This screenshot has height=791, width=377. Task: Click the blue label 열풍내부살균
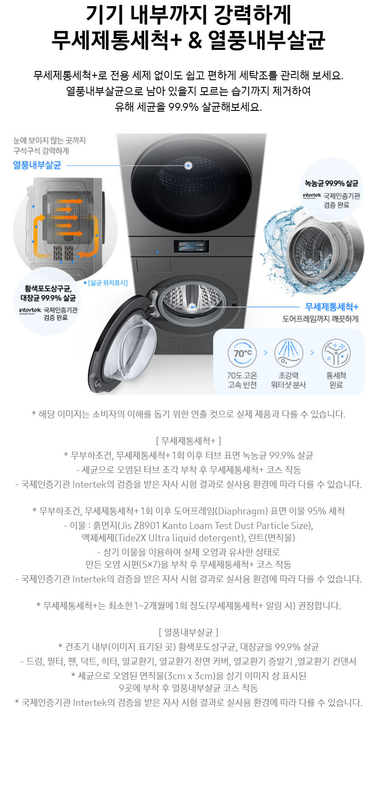pos(37,165)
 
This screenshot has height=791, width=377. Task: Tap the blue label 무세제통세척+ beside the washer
pos(332,307)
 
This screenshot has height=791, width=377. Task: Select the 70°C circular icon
pos(242,353)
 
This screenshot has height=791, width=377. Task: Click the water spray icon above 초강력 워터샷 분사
pos(288,353)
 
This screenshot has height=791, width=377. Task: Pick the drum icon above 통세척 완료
pos(336,353)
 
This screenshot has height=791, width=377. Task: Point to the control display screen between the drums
pos(191,246)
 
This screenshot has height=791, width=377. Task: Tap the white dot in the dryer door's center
pos(188,166)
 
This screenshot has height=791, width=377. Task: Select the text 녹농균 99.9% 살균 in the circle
pos(331,183)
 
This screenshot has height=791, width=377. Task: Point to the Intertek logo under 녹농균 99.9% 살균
pos(312,196)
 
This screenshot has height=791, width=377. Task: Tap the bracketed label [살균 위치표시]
pos(108,283)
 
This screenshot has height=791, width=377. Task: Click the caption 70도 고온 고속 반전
pos(242,380)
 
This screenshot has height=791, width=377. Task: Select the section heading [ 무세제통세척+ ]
pos(188,440)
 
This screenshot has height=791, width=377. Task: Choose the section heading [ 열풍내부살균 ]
pos(188,632)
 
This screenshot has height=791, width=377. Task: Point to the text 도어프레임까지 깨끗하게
pos(320,319)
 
